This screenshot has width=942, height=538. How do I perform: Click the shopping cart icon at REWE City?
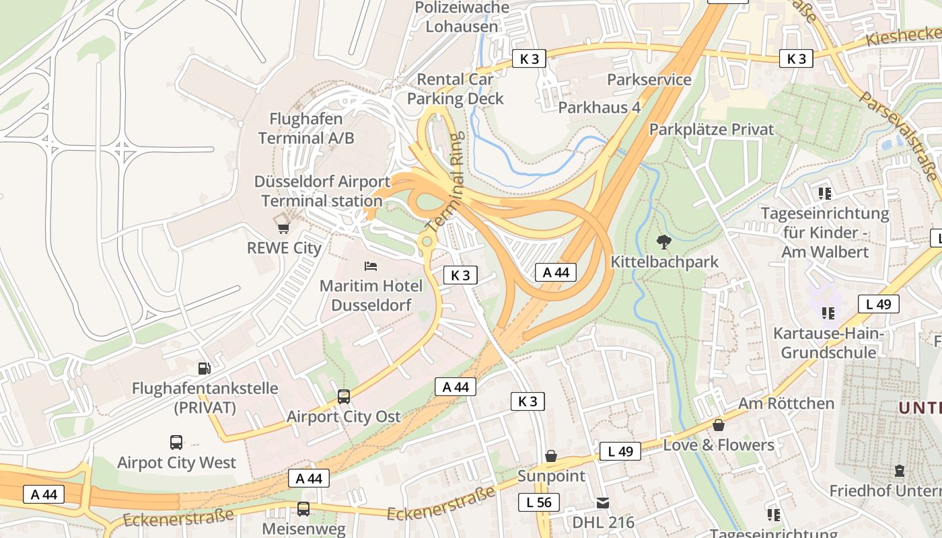(283, 227)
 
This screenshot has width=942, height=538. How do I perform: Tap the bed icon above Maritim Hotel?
(370, 266)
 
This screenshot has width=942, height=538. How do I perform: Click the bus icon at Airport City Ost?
(344, 397)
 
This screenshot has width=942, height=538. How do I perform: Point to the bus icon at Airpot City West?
(176, 443)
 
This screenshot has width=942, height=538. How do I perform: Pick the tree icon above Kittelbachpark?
(664, 242)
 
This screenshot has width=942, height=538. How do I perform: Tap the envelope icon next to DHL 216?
(602, 502)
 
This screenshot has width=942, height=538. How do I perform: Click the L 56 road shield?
(539, 502)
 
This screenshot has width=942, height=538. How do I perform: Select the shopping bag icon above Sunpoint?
(551, 457)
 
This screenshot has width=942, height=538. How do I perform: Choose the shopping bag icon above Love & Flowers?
(719, 425)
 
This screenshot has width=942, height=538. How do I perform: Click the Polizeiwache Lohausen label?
(462, 17)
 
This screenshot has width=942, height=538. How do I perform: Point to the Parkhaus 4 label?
(599, 107)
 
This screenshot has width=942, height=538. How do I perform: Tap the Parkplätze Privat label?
(712, 129)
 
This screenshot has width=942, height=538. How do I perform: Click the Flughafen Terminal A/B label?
(306, 128)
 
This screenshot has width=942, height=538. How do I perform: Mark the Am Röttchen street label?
(786, 403)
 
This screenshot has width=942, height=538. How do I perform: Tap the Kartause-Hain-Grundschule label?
(828, 343)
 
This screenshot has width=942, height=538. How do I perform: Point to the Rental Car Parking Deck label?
(456, 89)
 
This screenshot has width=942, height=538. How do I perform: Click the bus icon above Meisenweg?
(303, 508)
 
